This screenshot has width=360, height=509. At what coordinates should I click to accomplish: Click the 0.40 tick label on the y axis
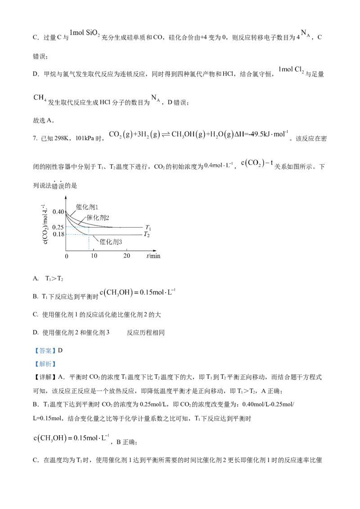pos(59,211)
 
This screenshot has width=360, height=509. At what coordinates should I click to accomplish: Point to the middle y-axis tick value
pos(58,227)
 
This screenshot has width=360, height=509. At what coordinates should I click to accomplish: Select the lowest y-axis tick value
pos(58,234)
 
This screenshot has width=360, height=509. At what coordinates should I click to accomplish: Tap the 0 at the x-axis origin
pos(67,255)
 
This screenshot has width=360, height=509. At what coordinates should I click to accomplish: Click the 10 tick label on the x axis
pos(93,255)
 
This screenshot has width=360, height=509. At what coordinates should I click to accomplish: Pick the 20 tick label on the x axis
pos(126,255)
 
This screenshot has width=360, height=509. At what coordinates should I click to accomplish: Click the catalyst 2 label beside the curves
pos(98,218)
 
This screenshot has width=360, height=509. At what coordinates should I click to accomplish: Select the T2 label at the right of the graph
pos(146,234)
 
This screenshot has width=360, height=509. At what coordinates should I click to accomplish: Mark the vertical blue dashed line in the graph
pos(89,243)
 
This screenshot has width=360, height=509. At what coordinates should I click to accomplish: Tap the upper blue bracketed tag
pos(45,351)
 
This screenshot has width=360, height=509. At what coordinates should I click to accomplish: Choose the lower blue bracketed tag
pos(45,364)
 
